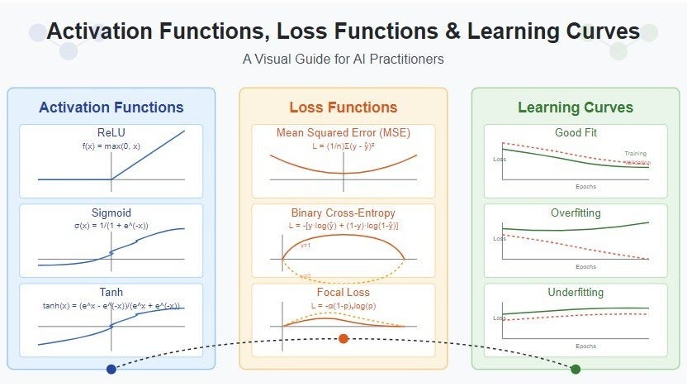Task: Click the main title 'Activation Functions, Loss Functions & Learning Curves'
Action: click(x=343, y=31)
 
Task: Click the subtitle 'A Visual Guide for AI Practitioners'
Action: click(x=343, y=60)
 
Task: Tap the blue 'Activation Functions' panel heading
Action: click(x=111, y=107)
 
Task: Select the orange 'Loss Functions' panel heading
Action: click(x=343, y=107)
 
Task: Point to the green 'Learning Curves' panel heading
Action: click(x=576, y=107)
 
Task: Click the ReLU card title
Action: click(x=111, y=133)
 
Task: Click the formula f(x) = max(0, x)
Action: click(x=111, y=146)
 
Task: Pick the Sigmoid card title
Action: click(x=111, y=213)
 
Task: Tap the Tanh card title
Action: click(x=111, y=293)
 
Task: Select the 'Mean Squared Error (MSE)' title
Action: click(x=343, y=133)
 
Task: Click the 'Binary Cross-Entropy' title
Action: click(x=343, y=213)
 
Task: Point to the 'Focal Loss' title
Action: click(x=343, y=293)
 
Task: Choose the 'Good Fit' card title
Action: click(x=576, y=133)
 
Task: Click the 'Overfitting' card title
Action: click(x=576, y=213)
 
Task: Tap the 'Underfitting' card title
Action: click(x=576, y=293)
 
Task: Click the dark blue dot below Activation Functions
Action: click(x=111, y=369)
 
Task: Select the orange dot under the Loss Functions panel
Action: click(x=343, y=338)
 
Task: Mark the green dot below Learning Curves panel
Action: click(x=576, y=369)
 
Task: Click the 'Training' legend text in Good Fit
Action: click(x=636, y=153)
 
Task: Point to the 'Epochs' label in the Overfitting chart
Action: click(x=586, y=266)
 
